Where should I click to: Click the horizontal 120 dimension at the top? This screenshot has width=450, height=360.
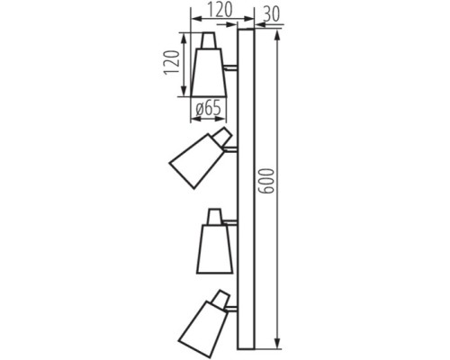click(213, 13)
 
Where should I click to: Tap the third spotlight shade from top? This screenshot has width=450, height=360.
click(213, 246)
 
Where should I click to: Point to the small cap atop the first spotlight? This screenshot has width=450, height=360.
click(209, 40)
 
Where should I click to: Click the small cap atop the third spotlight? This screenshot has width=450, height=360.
click(215, 215)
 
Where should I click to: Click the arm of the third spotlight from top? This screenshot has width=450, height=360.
click(231, 220)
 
